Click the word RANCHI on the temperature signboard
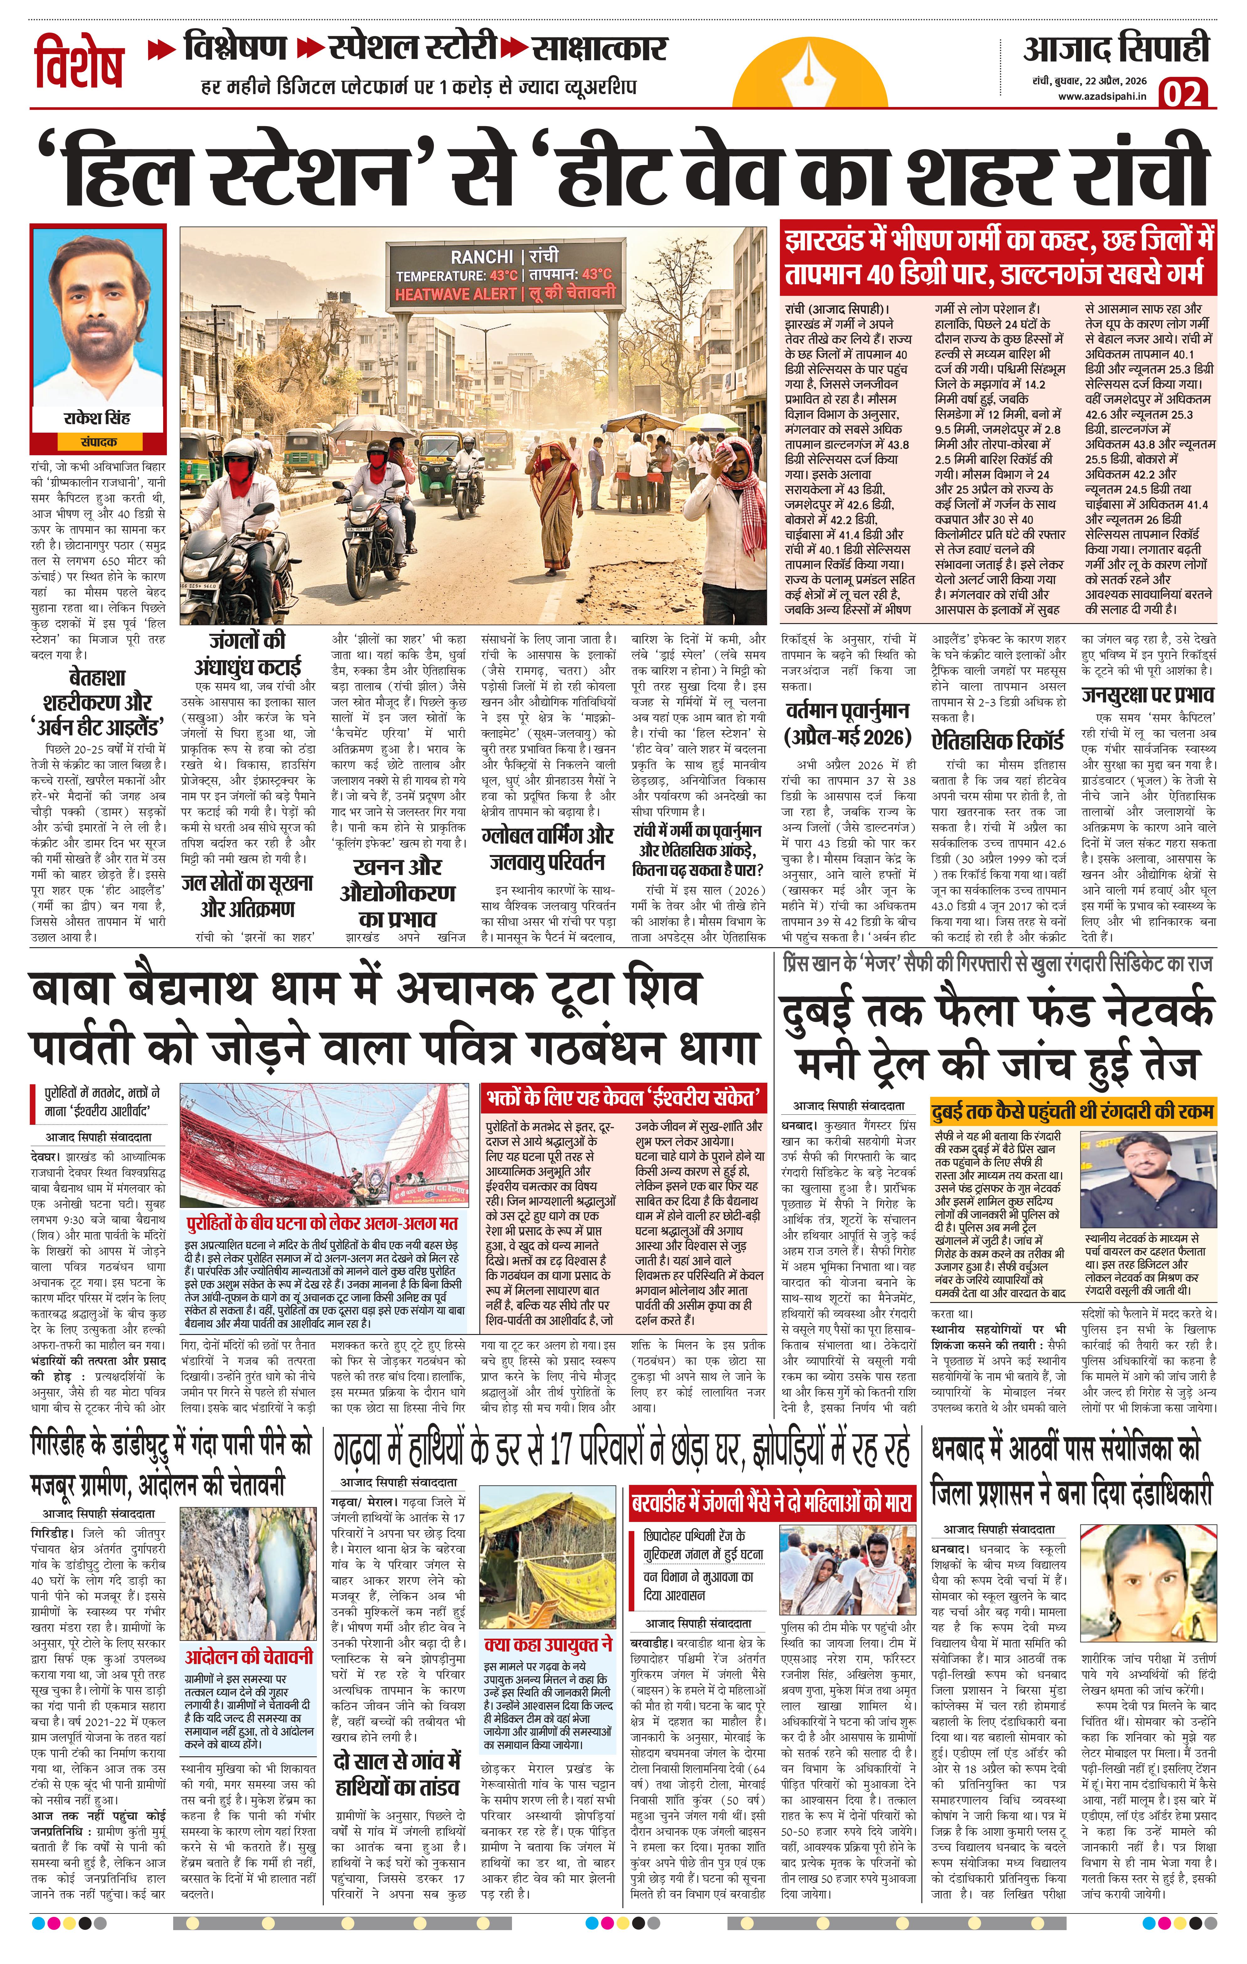[x=481, y=257]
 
